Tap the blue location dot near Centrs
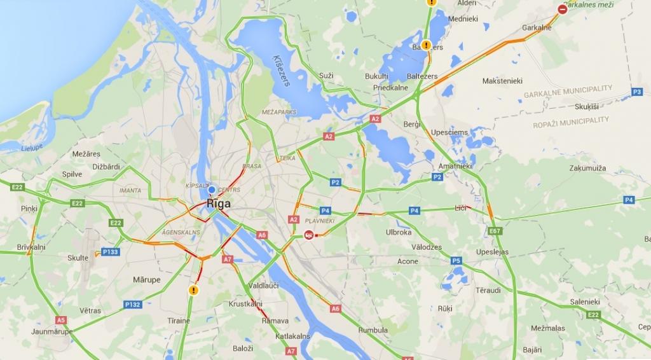(212, 190)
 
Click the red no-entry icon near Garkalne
(563, 9)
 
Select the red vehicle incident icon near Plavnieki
(309, 235)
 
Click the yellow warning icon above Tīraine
(193, 290)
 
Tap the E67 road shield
(495, 231)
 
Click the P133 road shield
(110, 252)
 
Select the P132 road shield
(132, 304)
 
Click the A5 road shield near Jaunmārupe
(61, 320)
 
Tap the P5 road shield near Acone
(456, 260)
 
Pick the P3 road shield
(636, 92)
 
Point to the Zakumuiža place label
(588, 169)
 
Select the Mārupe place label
(146, 280)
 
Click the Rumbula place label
(373, 330)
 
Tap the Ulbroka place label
(399, 233)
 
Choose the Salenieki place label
(585, 301)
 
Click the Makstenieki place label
(502, 81)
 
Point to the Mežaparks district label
(279, 112)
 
